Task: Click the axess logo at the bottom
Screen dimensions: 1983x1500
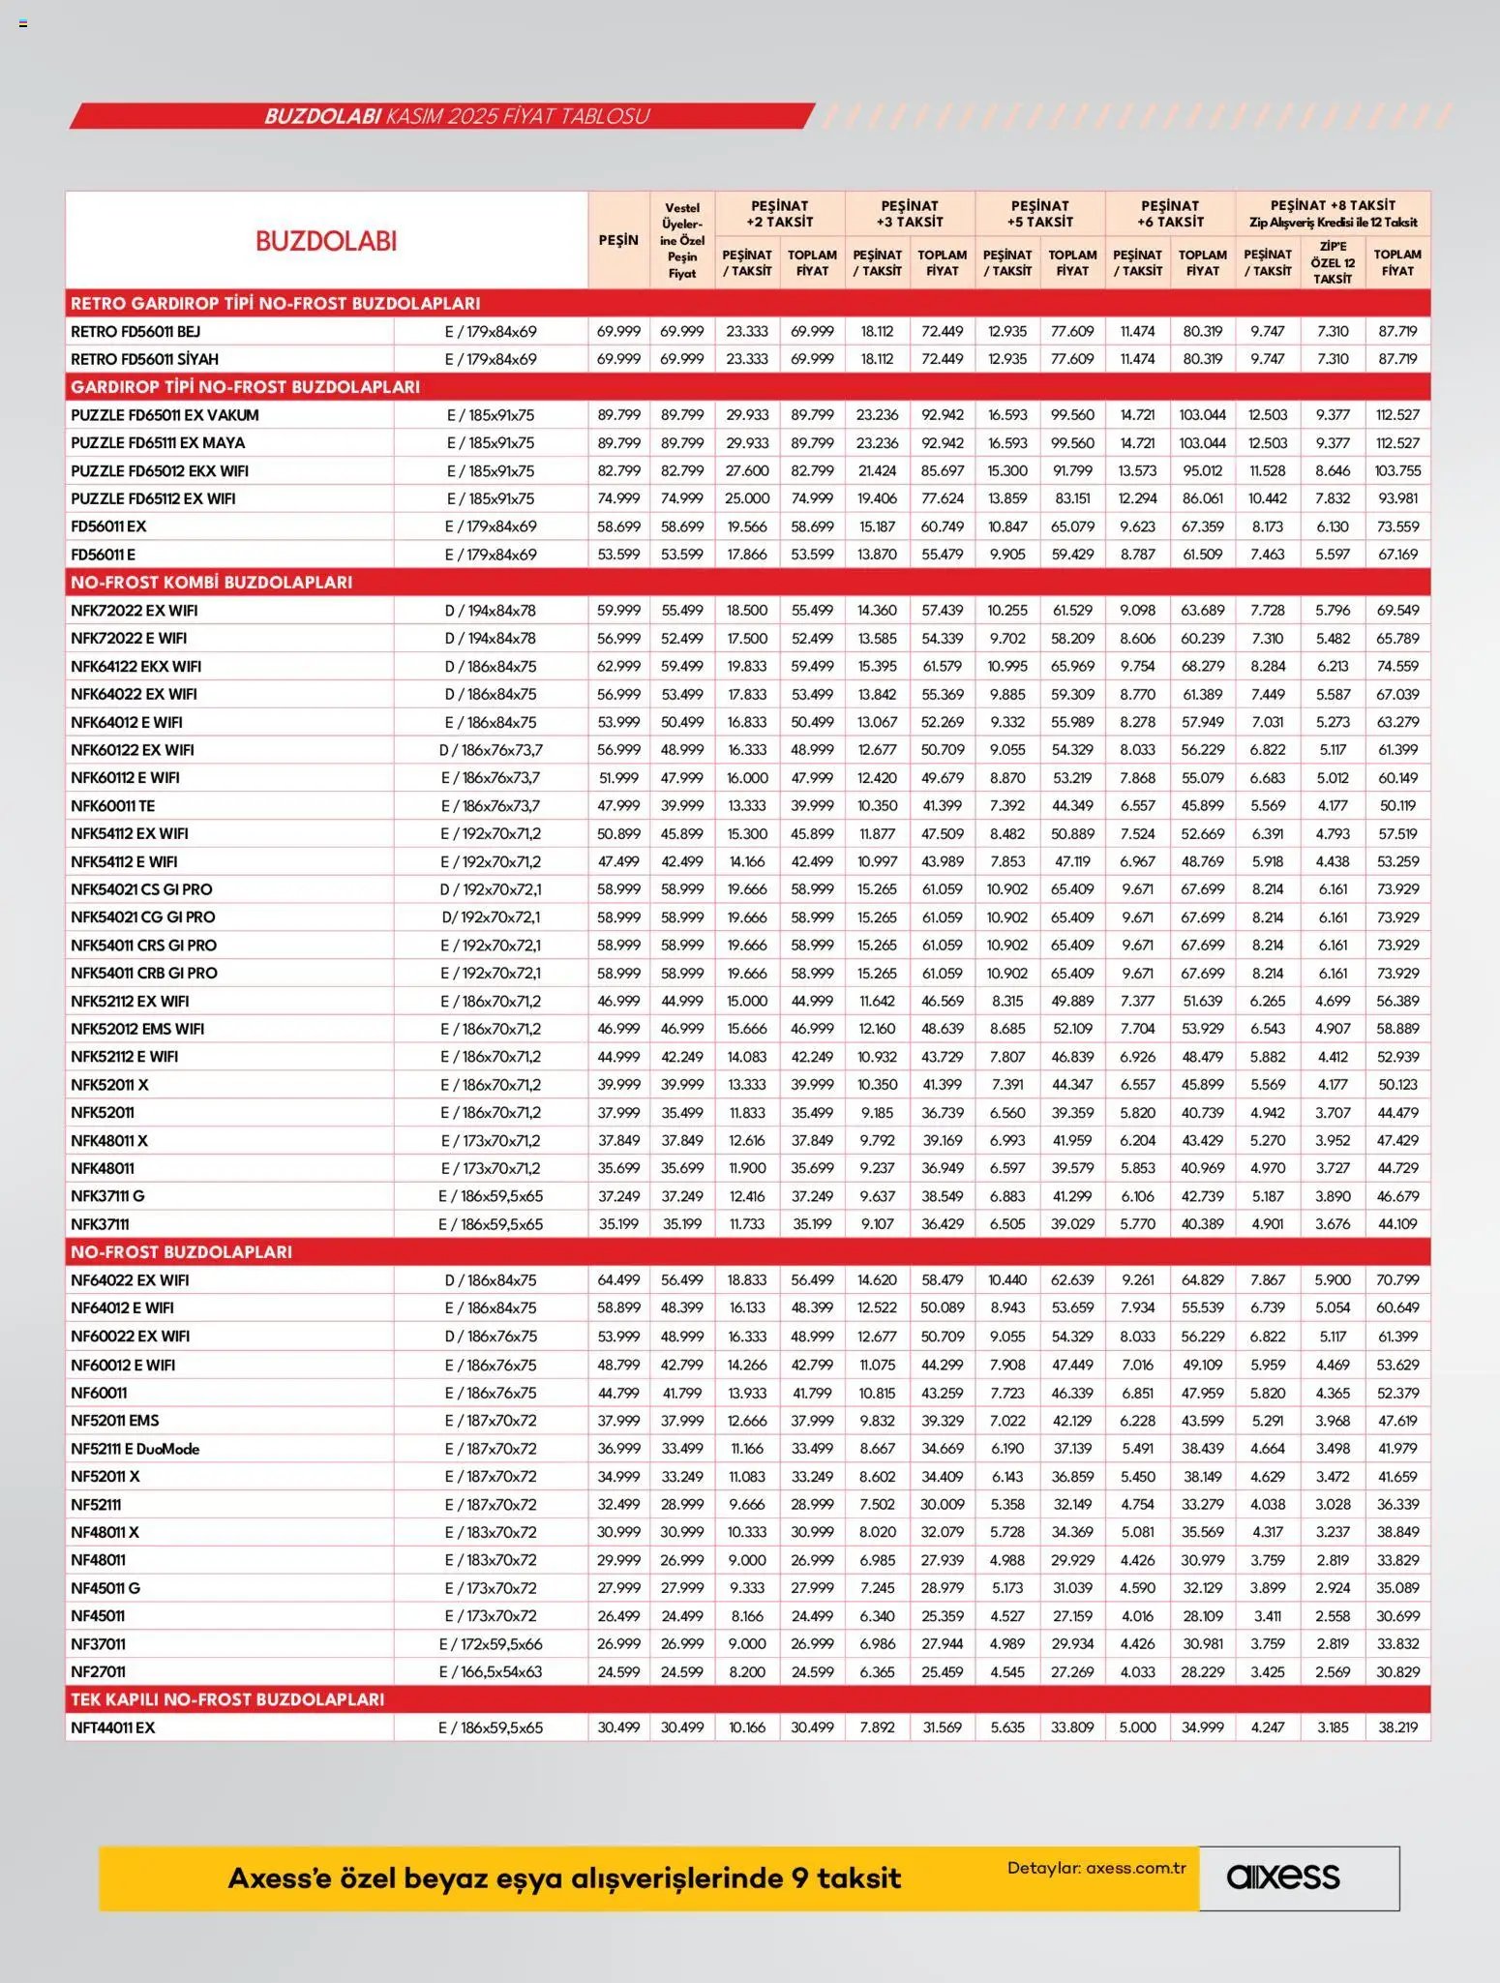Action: point(1283,1878)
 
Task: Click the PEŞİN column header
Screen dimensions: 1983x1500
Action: point(618,240)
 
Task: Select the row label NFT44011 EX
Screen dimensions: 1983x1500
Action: point(112,1728)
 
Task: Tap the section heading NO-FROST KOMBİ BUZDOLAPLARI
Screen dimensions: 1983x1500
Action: point(211,582)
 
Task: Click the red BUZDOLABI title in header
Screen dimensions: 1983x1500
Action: point(326,241)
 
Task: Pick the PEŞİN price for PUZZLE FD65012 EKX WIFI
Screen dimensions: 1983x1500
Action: point(618,471)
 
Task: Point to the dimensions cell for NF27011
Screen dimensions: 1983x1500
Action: point(491,1671)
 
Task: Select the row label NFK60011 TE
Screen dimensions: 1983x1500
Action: point(112,805)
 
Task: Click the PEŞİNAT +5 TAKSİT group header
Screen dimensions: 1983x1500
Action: point(1039,213)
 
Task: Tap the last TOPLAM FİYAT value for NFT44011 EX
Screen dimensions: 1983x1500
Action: point(1397,1728)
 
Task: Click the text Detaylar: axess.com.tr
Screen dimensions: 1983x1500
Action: point(1096,1868)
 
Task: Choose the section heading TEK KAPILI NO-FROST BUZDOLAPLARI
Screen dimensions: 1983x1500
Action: point(227,1699)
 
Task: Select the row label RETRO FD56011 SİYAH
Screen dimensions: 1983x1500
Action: point(144,359)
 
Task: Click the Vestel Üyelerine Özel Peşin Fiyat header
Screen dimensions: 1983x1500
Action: point(682,240)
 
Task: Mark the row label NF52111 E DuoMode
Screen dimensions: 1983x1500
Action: point(135,1449)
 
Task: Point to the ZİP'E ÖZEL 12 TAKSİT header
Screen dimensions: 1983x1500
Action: point(1333,262)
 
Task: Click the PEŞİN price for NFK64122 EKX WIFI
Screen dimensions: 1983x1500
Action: point(618,667)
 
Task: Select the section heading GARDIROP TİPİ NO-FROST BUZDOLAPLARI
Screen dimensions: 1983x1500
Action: point(245,387)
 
